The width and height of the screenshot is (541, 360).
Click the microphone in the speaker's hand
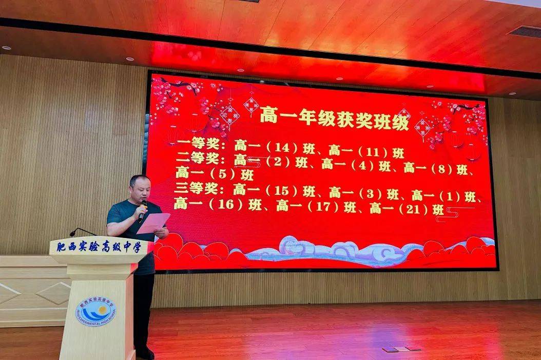click(142, 211)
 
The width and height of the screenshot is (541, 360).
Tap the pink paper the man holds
click(153, 223)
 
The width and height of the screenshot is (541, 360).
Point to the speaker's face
click(140, 189)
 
